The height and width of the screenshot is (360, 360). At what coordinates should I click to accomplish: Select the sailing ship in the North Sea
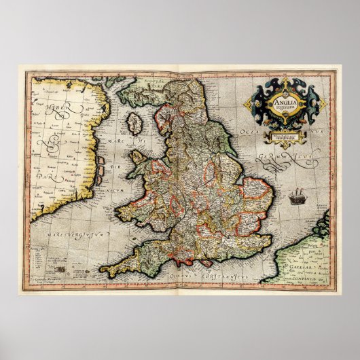[297, 198]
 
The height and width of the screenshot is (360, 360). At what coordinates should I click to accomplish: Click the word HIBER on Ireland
[49, 110]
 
